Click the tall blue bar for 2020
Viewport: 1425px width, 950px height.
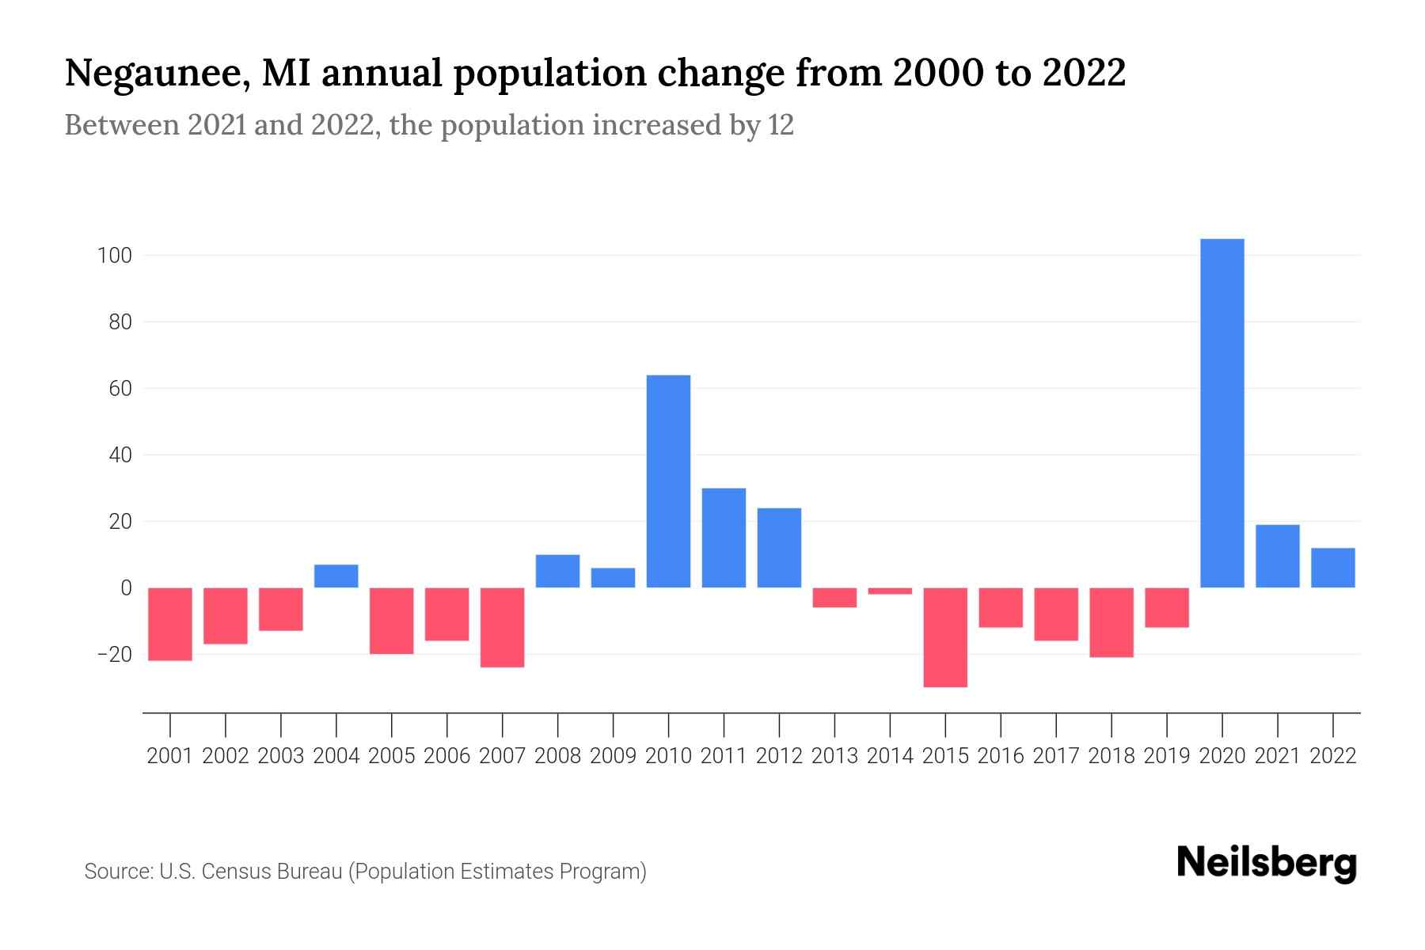pos(1222,412)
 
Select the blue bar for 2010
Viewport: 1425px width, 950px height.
pos(668,481)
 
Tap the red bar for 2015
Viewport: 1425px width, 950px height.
pos(945,637)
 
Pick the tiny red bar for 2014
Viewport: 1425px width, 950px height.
pos(890,591)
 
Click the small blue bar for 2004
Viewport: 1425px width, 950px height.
pos(336,576)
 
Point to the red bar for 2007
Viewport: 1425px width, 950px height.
pos(503,627)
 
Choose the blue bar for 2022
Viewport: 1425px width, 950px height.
pos(1332,568)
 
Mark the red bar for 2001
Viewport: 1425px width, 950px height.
pos(170,624)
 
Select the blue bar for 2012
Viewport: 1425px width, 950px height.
pos(779,547)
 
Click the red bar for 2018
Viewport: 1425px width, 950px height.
pos(1111,622)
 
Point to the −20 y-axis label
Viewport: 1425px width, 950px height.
pos(114,655)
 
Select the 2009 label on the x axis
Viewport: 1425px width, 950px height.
pos(613,756)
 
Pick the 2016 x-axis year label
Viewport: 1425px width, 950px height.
pos(1001,756)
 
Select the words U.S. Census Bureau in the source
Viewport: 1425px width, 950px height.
pos(251,872)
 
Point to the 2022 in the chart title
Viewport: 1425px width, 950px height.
pos(1084,74)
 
